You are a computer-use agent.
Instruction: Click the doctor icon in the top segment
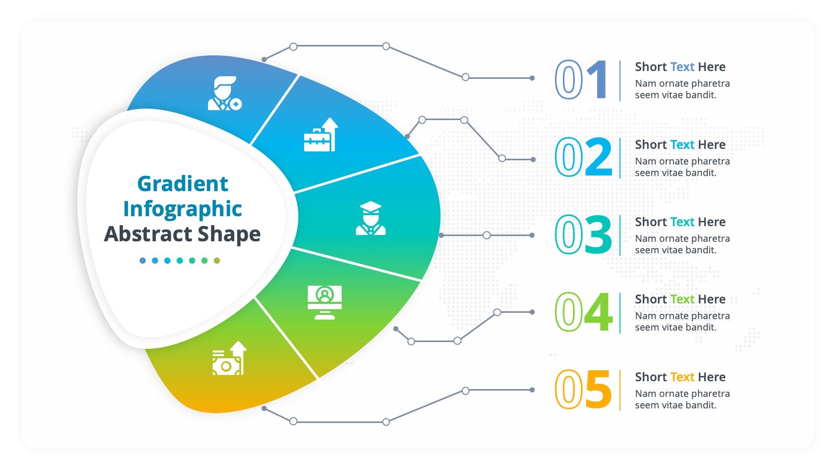tap(225, 93)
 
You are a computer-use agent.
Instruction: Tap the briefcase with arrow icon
tap(321, 135)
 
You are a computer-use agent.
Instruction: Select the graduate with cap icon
tap(370, 218)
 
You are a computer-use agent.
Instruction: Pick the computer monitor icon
tap(324, 302)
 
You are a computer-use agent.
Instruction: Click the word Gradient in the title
tap(182, 183)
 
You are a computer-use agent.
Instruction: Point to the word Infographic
tap(182, 209)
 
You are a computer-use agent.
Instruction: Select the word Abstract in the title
tap(148, 234)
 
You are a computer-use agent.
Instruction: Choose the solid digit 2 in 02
tap(599, 157)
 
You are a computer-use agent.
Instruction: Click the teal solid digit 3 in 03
tap(598, 234)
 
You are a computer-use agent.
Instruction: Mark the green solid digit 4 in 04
tap(598, 312)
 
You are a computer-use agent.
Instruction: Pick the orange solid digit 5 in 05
tap(599, 390)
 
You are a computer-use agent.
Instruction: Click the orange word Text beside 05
tap(682, 377)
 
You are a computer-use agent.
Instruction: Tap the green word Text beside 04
tap(682, 299)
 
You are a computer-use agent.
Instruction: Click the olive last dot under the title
tap(217, 261)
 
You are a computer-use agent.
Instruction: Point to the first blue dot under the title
tap(143, 261)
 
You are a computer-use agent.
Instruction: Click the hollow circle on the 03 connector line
tap(486, 235)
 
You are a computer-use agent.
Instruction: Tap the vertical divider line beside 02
tap(620, 158)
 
